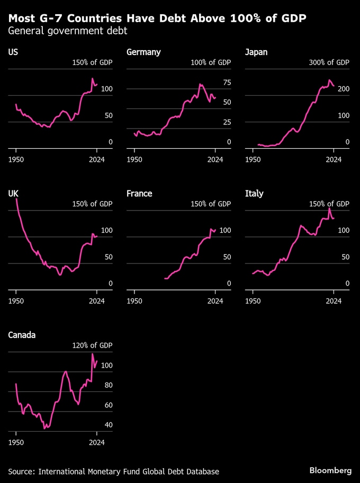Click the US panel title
(x=13, y=52)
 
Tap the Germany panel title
(x=143, y=52)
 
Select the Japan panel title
(x=256, y=52)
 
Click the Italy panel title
(x=254, y=194)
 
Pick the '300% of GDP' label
(x=329, y=62)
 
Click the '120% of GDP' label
(x=92, y=345)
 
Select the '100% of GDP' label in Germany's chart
(x=211, y=62)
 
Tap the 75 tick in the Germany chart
(x=227, y=83)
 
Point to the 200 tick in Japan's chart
(x=344, y=89)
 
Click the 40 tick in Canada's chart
(x=109, y=425)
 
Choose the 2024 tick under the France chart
(x=215, y=300)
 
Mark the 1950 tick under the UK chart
(x=16, y=300)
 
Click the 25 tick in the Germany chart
(x=227, y=123)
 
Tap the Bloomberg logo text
(x=330, y=470)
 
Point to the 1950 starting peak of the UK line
(x=16, y=199)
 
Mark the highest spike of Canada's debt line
(x=93, y=354)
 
